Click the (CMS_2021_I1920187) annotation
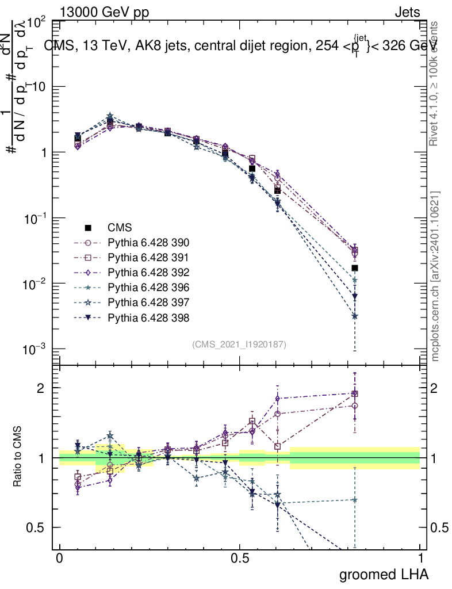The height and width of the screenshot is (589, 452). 239,344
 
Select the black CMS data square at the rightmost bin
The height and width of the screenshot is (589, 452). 355,268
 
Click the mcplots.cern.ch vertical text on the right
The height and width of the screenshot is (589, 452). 435,276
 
